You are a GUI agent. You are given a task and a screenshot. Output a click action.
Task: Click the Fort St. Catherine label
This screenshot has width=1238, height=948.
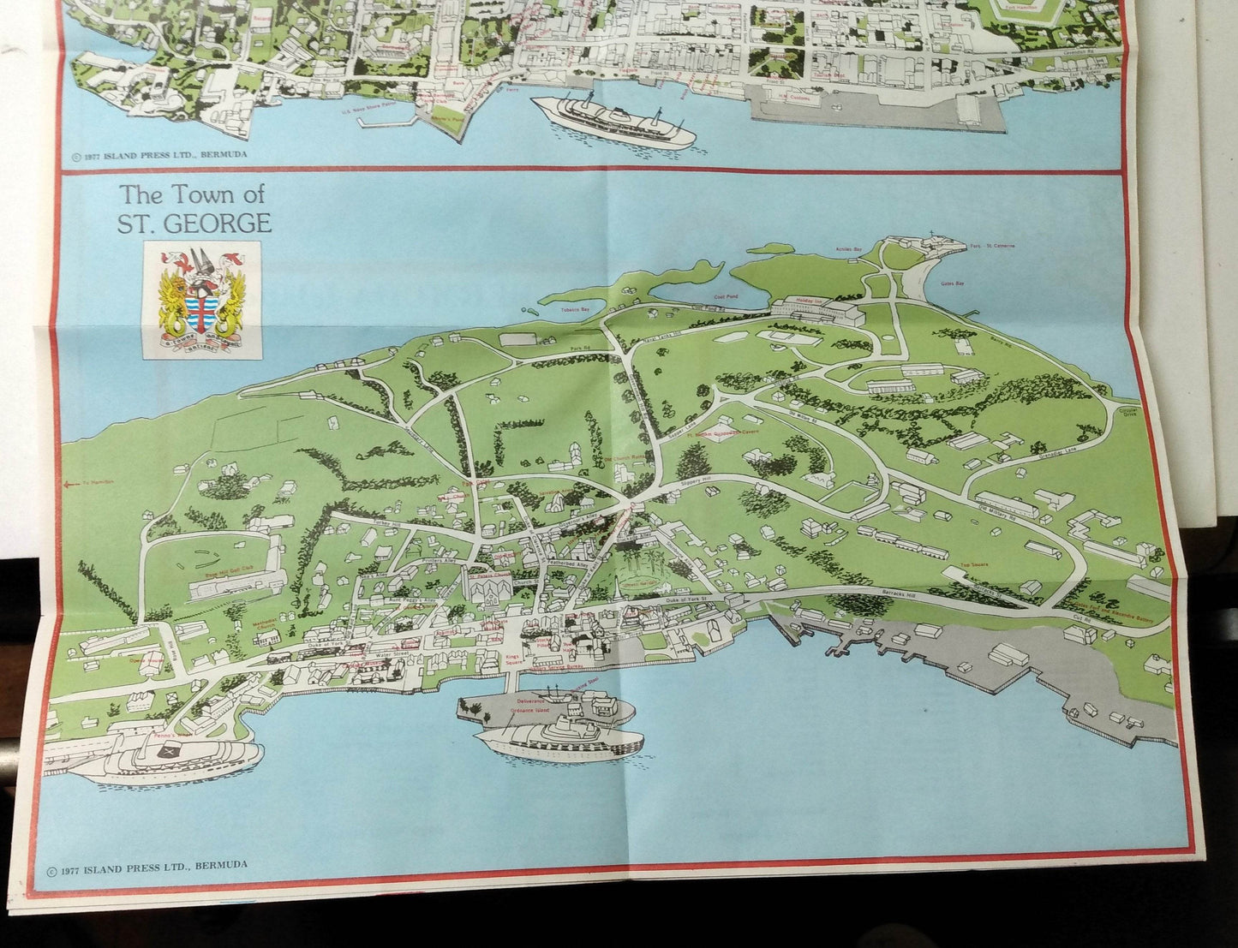coord(993,247)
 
